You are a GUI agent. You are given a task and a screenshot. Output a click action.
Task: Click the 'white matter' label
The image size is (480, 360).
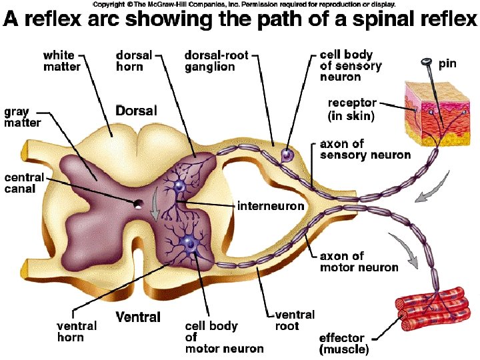pos(61,61)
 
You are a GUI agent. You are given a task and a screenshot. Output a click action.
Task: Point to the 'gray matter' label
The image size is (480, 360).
pos(23,117)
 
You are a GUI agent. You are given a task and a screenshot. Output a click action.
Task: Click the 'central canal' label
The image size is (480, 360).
pos(24,184)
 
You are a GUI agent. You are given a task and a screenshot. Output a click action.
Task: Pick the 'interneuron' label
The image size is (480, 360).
pos(271,206)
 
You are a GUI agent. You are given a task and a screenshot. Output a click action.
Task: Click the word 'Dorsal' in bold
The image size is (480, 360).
pos(137,111)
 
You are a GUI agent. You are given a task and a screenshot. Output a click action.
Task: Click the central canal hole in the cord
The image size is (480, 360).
pos(139,203)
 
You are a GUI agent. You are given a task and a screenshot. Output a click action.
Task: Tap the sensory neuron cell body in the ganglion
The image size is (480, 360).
pos(287,155)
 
